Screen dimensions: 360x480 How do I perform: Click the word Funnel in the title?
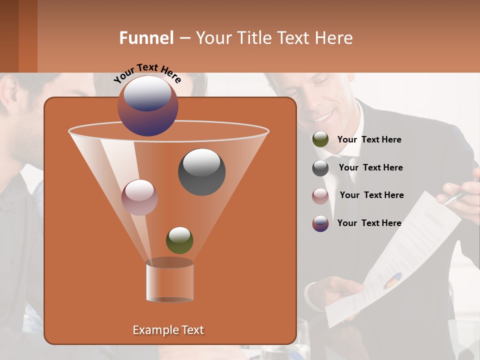[146, 38]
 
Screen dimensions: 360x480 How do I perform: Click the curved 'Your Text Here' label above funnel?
[147, 72]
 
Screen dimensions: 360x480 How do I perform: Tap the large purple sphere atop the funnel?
[148, 105]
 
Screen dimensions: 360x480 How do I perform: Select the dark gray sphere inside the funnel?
[201, 171]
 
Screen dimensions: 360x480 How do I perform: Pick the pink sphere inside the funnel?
[139, 197]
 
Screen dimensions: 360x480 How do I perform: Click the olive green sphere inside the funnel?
[179, 240]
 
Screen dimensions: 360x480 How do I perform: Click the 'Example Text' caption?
[168, 330]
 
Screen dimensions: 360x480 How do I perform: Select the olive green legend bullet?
[320, 139]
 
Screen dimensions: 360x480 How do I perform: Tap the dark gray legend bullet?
[320, 167]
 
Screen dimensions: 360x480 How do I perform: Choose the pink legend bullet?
[320, 195]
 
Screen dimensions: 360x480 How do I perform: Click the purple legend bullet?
[320, 223]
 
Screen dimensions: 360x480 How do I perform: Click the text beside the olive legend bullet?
[369, 139]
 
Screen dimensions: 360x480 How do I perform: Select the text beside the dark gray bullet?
[370, 167]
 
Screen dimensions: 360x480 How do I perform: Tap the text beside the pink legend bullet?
[371, 195]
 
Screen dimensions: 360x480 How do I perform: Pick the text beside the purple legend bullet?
[369, 223]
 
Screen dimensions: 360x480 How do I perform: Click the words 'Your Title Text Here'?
[274, 38]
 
